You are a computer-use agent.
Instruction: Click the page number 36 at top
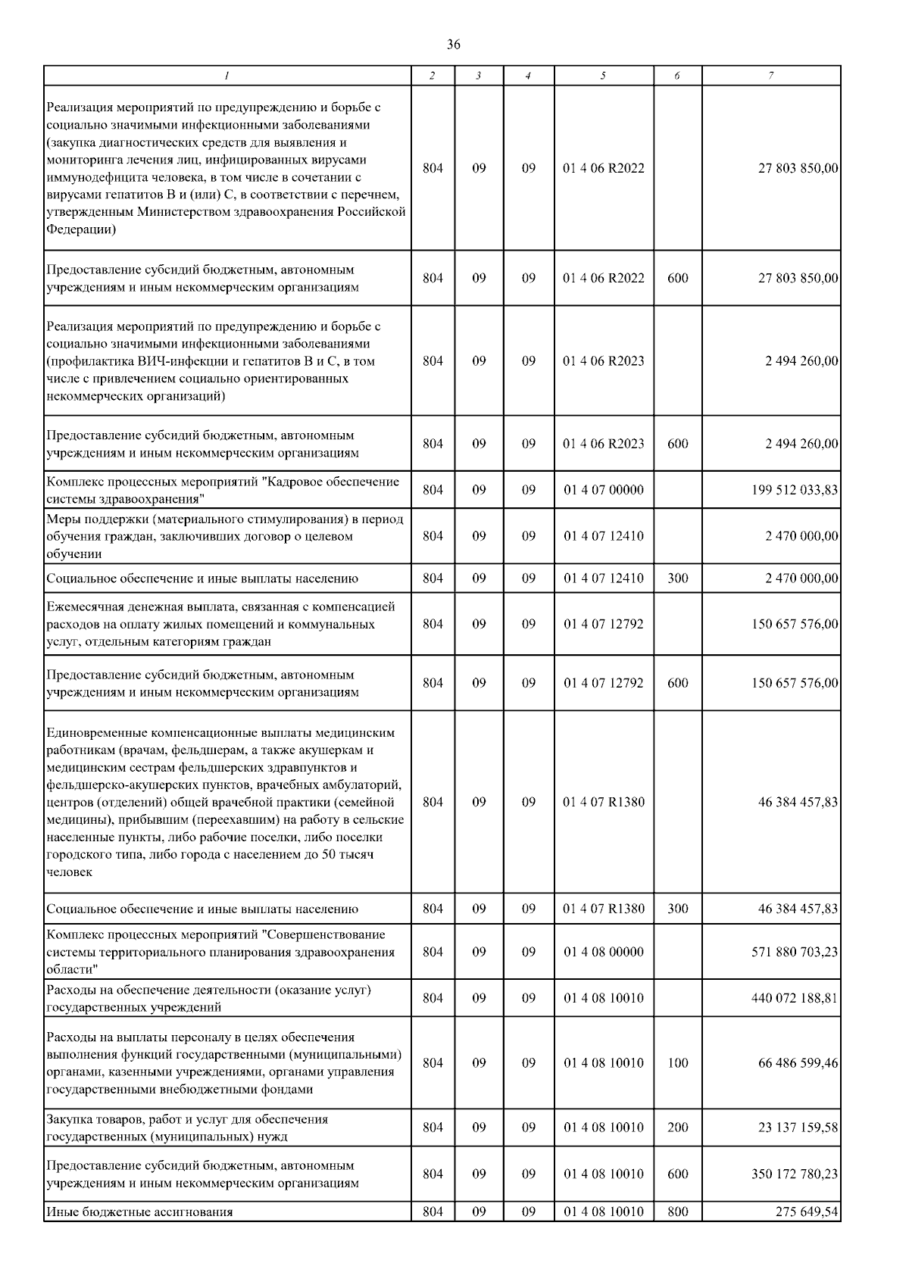click(x=453, y=45)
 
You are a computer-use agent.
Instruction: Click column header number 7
click(x=770, y=76)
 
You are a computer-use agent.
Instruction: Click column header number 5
click(x=603, y=76)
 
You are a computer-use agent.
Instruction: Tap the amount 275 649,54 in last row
click(x=807, y=1212)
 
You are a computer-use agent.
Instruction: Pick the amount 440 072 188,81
click(x=795, y=998)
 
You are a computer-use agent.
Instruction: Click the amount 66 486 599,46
click(x=798, y=1063)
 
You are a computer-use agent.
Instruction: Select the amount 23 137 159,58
click(x=798, y=1127)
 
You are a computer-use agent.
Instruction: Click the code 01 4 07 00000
click(x=603, y=490)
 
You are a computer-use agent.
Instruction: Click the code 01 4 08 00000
click(x=603, y=952)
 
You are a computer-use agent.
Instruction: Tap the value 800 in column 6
click(x=678, y=1212)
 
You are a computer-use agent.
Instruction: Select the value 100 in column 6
click(x=678, y=1063)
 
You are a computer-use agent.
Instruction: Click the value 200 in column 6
click(x=678, y=1127)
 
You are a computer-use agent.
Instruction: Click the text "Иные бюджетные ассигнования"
click(x=139, y=1212)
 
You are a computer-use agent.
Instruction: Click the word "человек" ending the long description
click(x=69, y=872)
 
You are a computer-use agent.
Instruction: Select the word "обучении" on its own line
click(x=73, y=554)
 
